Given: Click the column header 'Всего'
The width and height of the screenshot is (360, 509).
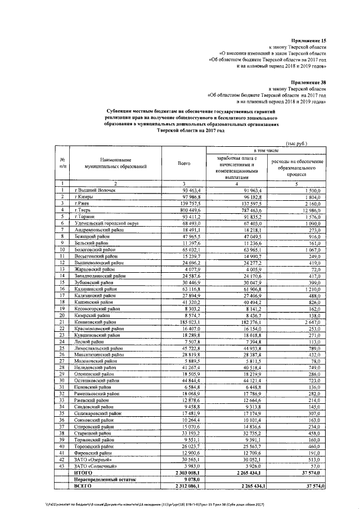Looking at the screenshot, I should coord(184,163).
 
